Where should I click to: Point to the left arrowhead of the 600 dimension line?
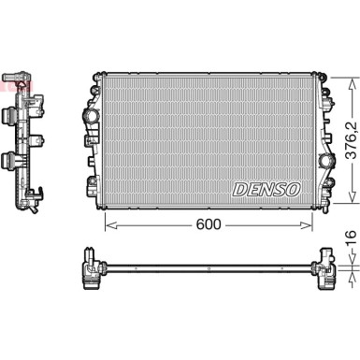(106, 223)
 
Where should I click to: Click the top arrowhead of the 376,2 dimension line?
(350, 73)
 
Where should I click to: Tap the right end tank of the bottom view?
(326, 267)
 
